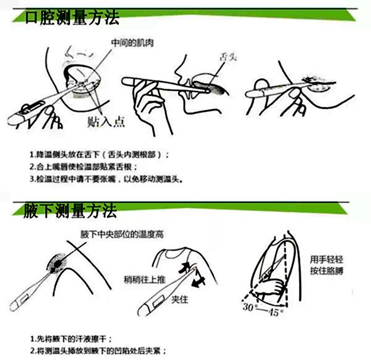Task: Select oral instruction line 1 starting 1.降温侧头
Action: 100,154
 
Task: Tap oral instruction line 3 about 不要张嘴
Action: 108,179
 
